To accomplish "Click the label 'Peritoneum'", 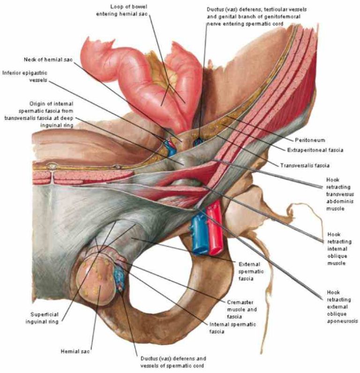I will click(x=310, y=140).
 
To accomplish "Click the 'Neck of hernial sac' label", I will click(x=45, y=60).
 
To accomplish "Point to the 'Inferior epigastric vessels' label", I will click(x=23, y=76).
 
